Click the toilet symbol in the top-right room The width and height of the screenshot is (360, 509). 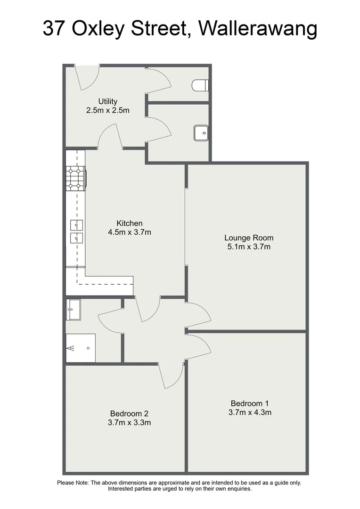pos(200,86)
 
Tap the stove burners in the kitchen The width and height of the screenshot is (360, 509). pos(75,178)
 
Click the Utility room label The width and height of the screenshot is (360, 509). pos(107,101)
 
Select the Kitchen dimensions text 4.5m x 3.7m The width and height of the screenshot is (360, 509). pos(130,232)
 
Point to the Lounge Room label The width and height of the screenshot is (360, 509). pos(249,238)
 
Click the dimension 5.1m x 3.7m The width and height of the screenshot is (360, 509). pos(249,246)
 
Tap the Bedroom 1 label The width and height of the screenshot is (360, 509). pos(250,403)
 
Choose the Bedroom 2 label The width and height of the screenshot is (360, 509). pos(129,413)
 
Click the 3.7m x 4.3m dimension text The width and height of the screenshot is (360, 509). pos(250,412)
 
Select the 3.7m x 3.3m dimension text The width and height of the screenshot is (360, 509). pos(129,422)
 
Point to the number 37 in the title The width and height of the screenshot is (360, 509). pos(54,29)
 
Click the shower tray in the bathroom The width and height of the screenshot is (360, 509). pos(81,348)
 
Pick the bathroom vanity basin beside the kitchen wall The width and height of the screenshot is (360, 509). pos(73,309)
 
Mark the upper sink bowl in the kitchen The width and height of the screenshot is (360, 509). pos(76,224)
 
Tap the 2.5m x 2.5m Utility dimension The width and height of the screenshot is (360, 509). pos(107,110)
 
